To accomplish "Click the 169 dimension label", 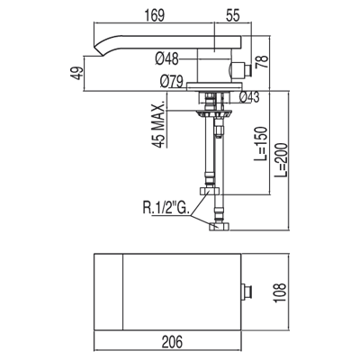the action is [x=155, y=15].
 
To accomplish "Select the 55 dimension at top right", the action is [x=232, y=15].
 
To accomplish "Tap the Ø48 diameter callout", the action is [x=166, y=58].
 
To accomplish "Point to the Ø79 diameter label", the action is [x=172, y=81].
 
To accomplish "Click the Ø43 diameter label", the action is [x=249, y=97].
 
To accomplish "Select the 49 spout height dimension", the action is [x=77, y=73].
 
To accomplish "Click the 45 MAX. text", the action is [x=158, y=126].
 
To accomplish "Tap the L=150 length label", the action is [x=260, y=144].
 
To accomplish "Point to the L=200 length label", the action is [x=281, y=160].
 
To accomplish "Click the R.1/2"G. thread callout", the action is [x=166, y=208].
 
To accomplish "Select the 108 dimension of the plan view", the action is [x=281, y=292].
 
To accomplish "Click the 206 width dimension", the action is [x=173, y=342].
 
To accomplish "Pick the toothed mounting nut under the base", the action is [x=214, y=114].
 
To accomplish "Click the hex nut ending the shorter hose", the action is [x=210, y=190].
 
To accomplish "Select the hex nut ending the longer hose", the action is [x=220, y=226].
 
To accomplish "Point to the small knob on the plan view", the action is [x=247, y=292].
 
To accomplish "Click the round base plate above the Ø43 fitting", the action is [x=214, y=86].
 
